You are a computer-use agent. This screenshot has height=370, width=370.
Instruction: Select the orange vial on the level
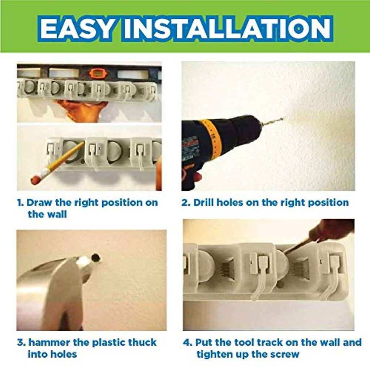(97, 73)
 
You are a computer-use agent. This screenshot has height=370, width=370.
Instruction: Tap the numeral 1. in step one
(21, 203)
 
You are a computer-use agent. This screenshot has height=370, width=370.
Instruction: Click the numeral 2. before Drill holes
(186, 203)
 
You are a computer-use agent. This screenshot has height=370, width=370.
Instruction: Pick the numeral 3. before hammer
(21, 343)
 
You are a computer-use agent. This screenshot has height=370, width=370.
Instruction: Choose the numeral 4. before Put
(188, 343)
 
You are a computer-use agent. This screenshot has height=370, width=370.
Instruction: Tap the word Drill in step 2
(204, 202)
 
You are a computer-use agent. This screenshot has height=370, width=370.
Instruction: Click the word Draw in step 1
(39, 202)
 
